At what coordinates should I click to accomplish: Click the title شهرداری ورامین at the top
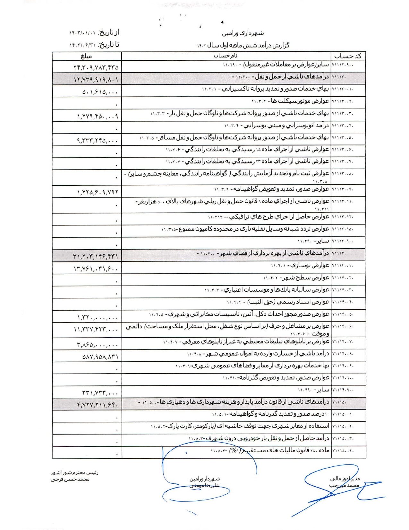[243, 33]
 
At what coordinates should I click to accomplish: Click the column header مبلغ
[86, 56]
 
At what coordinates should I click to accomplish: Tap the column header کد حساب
[348, 56]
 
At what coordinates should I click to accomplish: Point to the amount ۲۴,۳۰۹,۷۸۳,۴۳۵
[96, 67]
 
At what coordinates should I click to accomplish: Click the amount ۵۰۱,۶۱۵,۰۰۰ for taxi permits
[100, 92]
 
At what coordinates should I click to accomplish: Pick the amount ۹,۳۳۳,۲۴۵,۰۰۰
[98, 140]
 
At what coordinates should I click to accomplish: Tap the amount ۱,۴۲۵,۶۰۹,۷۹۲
[98, 192]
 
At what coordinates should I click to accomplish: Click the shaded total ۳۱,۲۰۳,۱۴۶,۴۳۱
[96, 256]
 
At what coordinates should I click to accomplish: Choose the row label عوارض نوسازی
[300, 266]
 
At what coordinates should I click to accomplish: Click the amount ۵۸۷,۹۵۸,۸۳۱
[100, 357]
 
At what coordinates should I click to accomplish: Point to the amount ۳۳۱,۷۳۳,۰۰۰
[100, 393]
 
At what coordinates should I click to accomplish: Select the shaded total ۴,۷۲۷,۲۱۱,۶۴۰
[98, 405]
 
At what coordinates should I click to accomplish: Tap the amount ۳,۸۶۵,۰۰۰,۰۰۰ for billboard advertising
[98, 345]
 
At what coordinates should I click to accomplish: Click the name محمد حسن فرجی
[70, 479]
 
